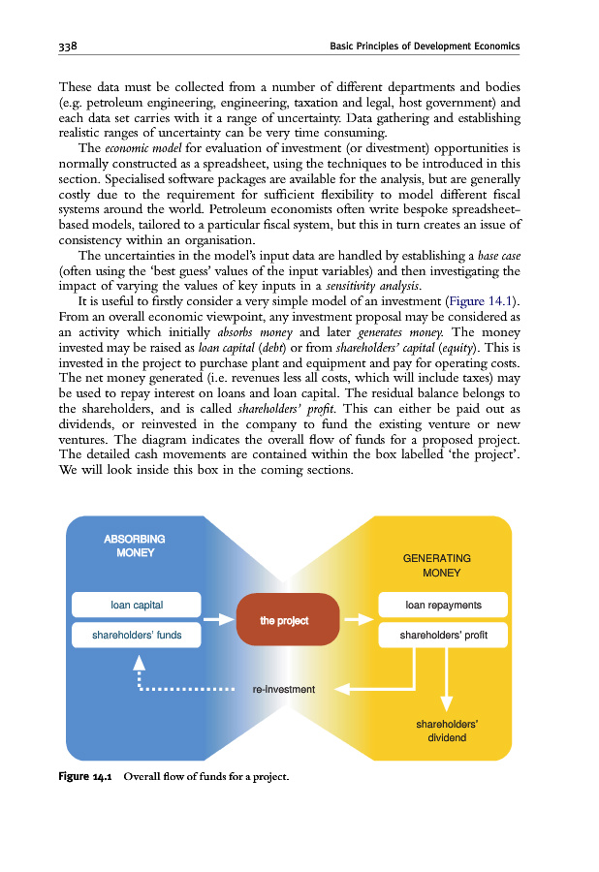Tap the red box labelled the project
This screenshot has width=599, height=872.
coord(284,620)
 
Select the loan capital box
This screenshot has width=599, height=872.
coord(137,605)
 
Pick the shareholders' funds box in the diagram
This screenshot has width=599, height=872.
coord(137,636)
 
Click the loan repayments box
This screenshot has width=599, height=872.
coord(442,605)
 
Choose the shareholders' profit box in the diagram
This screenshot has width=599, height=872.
coord(442,636)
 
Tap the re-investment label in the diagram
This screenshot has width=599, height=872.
coord(283,690)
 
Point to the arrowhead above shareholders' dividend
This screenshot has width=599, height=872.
coord(447,704)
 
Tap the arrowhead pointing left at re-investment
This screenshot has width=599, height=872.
coord(356,690)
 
